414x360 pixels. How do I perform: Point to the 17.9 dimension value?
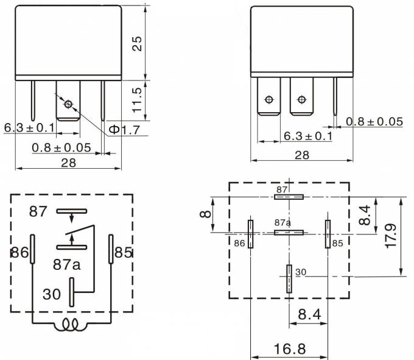[x=391, y=236]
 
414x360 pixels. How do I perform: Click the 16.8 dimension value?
[x=289, y=349]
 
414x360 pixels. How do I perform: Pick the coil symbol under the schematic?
[x=71, y=326]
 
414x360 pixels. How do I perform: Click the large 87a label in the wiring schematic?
[x=68, y=265]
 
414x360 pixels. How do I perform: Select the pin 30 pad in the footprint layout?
[x=289, y=279]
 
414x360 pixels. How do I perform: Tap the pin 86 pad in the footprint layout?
[x=250, y=234]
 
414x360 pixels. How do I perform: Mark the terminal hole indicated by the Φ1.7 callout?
[x=68, y=104]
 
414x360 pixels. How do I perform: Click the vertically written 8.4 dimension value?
[x=365, y=214]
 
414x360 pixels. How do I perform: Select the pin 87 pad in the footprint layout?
[x=289, y=197]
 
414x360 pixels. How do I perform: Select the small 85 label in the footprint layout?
[x=337, y=243]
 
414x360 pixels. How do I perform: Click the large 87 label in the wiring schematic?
[x=38, y=212]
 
